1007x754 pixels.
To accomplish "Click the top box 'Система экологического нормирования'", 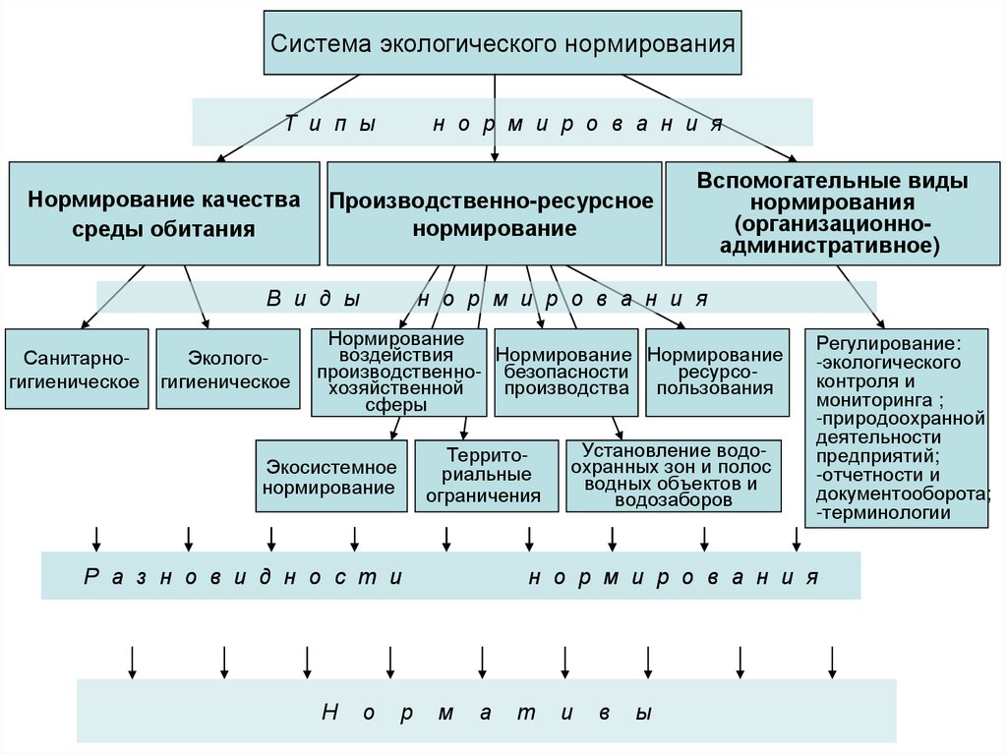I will click(503, 43).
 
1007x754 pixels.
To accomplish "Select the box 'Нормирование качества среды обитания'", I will click(164, 213).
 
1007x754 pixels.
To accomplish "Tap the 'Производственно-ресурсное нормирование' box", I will click(494, 213).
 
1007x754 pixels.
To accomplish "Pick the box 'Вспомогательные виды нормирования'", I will click(832, 213).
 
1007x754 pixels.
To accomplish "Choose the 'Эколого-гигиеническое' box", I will click(227, 370).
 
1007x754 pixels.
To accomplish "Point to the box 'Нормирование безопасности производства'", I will click(563, 371).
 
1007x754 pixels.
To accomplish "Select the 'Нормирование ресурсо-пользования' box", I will click(715, 371).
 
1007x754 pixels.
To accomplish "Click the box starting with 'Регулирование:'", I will click(896, 428).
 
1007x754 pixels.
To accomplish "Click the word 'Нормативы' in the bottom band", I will click(488, 713).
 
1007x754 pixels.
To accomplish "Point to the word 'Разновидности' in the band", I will click(244, 577).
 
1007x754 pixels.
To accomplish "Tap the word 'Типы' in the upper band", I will click(331, 124).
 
